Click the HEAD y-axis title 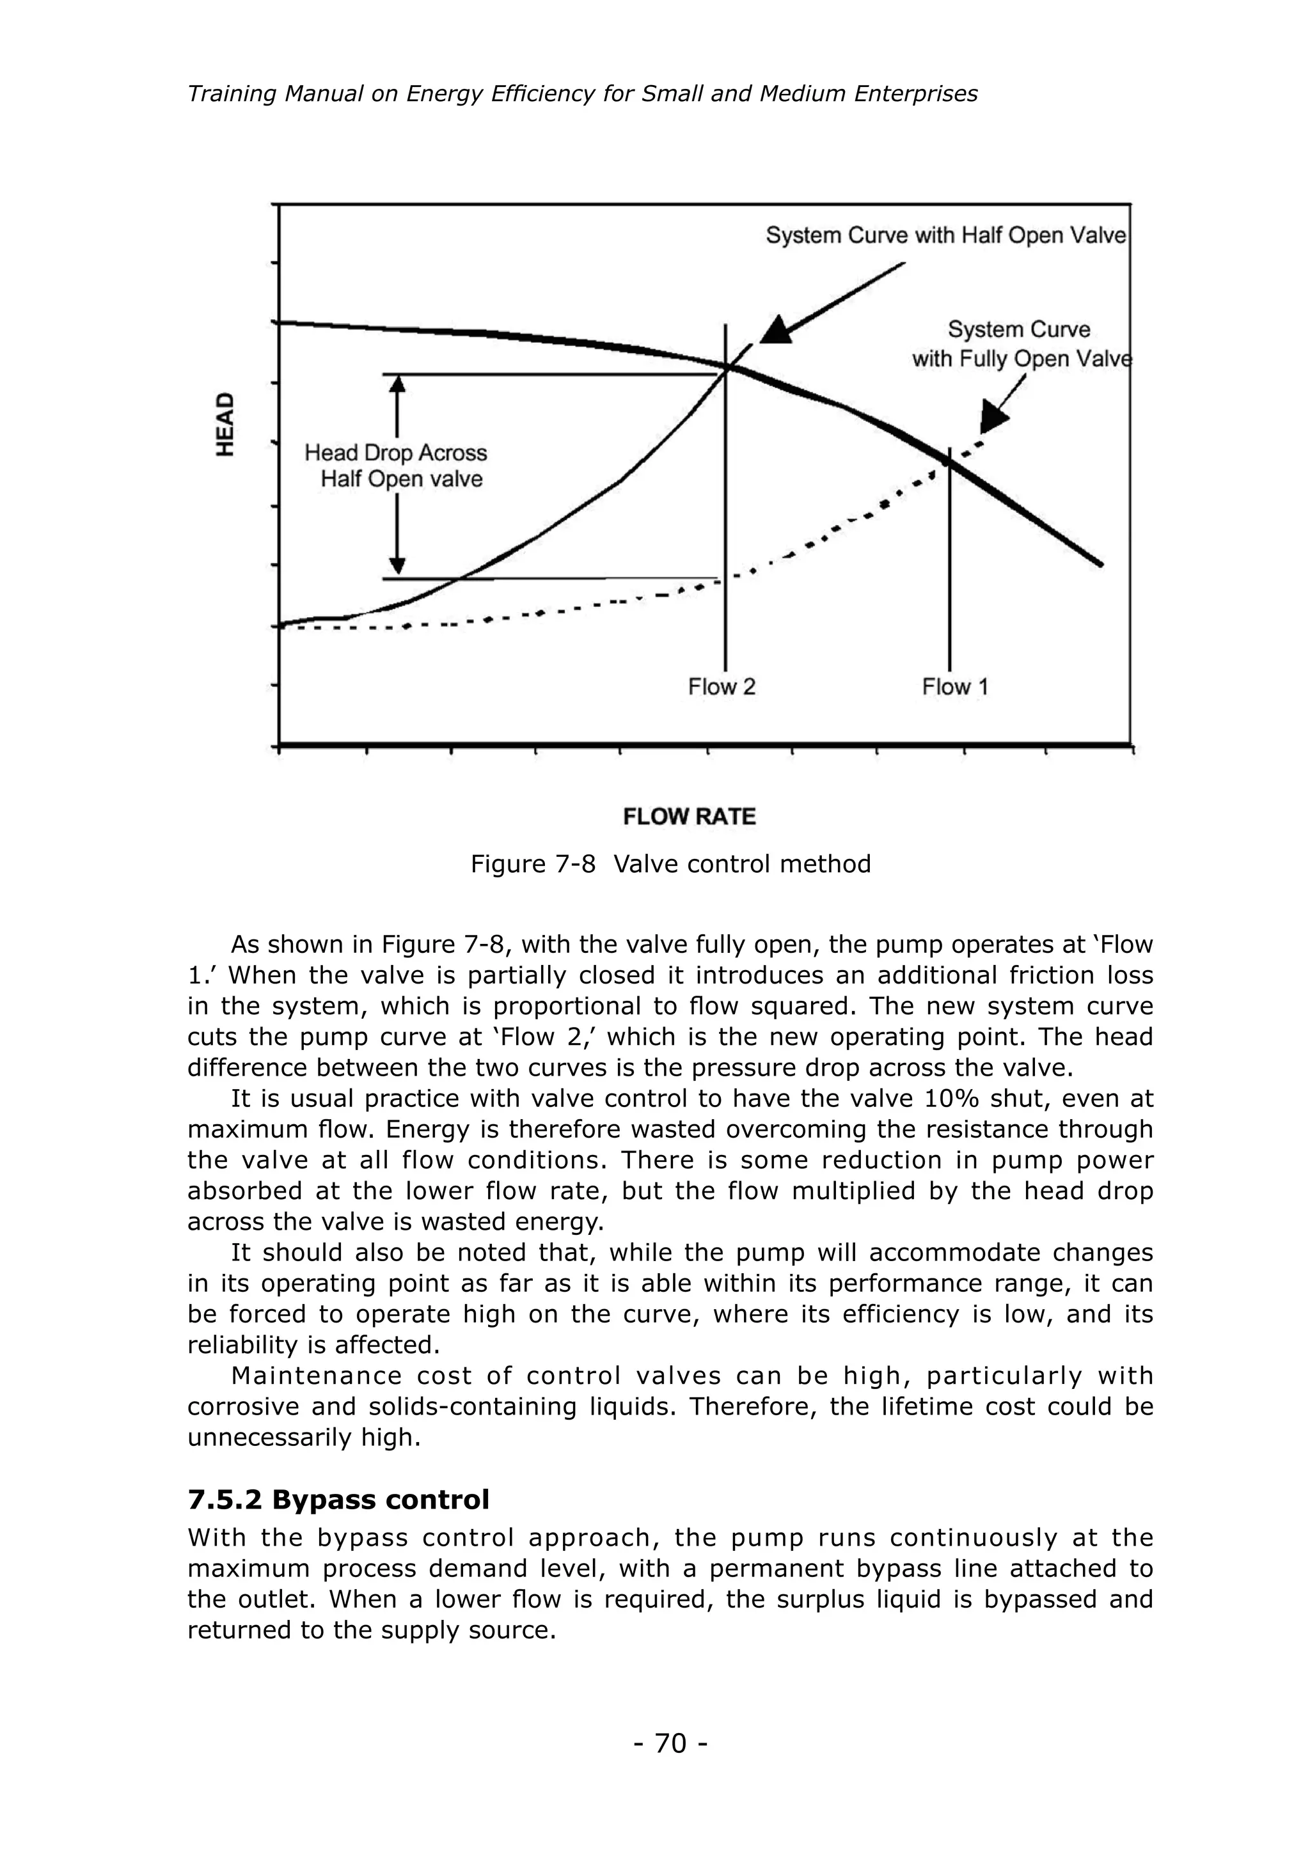tap(225, 424)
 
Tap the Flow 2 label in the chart tap(721, 687)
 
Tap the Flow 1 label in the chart tap(955, 687)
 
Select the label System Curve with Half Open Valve tap(945, 235)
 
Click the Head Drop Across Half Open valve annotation tap(396, 466)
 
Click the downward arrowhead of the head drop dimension tap(397, 567)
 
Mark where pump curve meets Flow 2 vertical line tap(726, 368)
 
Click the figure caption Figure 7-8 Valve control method tap(670, 864)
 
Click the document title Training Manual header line tap(581, 95)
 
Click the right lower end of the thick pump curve tap(1100, 563)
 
